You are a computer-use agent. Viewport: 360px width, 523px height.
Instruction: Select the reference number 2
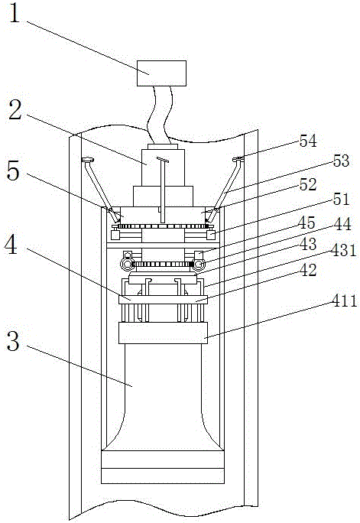15,110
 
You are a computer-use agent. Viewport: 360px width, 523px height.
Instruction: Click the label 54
308,141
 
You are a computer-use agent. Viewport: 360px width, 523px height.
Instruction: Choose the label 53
340,161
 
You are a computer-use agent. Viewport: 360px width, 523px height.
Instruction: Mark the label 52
307,184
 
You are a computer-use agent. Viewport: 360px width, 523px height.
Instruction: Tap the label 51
340,200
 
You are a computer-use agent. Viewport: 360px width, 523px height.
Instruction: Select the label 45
307,223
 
